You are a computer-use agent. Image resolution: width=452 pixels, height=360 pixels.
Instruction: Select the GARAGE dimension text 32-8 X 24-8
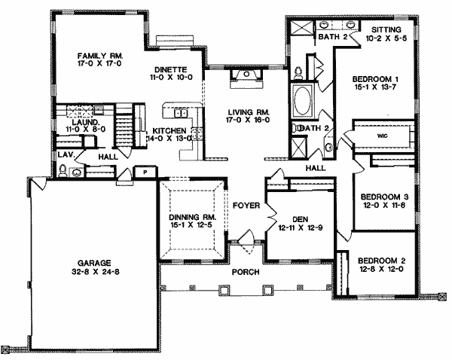[x=96, y=272]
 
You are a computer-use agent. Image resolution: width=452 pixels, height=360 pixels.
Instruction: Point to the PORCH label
[x=246, y=272]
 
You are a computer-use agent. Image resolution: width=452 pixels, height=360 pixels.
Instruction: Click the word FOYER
[x=246, y=206]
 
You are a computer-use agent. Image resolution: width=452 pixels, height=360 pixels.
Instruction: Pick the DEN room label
[x=300, y=220]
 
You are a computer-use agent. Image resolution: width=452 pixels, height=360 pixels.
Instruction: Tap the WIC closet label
[x=383, y=136]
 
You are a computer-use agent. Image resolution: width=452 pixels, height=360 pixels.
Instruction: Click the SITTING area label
[x=386, y=29]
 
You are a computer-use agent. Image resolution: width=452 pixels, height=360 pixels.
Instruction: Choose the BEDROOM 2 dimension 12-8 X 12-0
[x=381, y=269]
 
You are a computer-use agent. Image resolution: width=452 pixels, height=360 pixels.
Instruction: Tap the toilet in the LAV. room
[x=63, y=170]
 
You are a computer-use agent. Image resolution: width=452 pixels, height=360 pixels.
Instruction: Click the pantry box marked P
[x=145, y=172]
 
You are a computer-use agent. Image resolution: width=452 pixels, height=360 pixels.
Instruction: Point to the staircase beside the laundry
[x=124, y=125]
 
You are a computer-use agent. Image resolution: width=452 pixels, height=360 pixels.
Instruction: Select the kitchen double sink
[x=181, y=113]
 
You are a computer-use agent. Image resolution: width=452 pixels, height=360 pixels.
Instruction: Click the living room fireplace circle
[x=246, y=74]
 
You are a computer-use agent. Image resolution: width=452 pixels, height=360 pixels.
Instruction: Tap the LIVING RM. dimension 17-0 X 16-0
[x=248, y=120]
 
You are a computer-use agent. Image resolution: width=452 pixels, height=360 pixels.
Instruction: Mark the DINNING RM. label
[x=193, y=217]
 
